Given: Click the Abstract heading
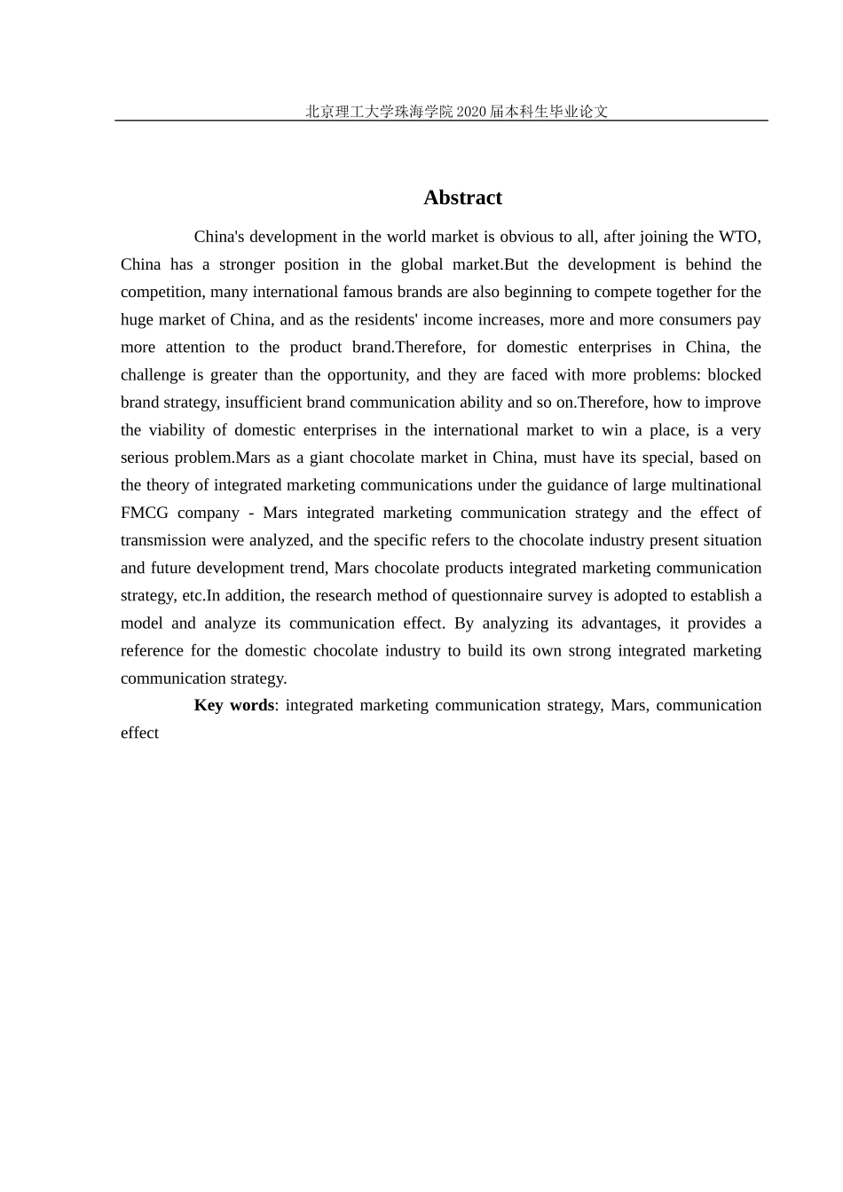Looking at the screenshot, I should [462, 198].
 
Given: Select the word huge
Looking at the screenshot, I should [137, 319].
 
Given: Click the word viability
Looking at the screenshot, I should [174, 430].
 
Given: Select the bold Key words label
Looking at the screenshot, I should [234, 705].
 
